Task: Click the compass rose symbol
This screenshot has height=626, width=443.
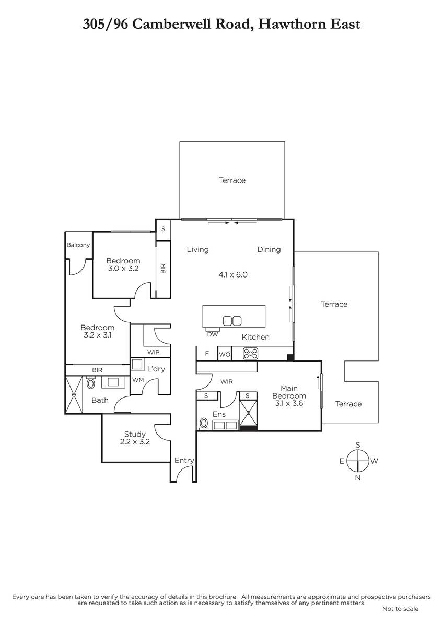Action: click(x=358, y=461)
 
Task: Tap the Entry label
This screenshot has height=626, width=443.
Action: click(x=184, y=460)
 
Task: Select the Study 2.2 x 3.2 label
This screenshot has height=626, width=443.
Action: click(x=135, y=438)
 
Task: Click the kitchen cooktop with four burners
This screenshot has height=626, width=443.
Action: click(x=250, y=354)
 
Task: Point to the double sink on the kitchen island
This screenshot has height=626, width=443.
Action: click(x=232, y=321)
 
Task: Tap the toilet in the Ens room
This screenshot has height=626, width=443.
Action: click(x=204, y=424)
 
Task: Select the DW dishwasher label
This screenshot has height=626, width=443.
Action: click(x=213, y=334)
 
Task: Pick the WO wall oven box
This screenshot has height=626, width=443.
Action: click(x=225, y=354)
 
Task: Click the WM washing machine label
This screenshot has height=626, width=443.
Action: click(x=138, y=380)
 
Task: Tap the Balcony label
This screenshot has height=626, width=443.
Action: click(x=78, y=245)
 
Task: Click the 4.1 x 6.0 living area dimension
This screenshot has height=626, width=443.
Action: click(x=233, y=275)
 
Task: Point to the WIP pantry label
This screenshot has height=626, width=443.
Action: click(x=153, y=352)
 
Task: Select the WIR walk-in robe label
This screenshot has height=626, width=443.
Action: click(x=226, y=381)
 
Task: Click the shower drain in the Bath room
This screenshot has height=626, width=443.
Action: click(x=74, y=394)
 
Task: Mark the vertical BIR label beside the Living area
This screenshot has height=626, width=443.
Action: click(x=163, y=269)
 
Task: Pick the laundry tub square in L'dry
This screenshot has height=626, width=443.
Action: click(x=137, y=365)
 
